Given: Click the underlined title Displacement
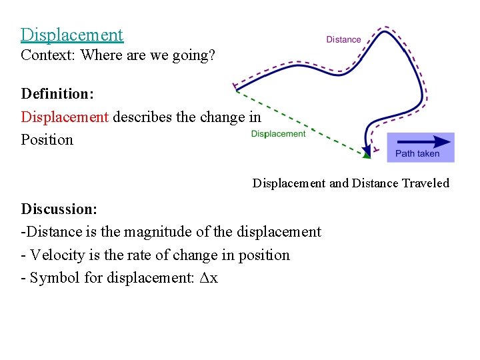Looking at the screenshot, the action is (x=72, y=34).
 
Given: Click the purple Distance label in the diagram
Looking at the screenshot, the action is (x=343, y=40).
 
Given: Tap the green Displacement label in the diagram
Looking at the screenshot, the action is (x=278, y=134).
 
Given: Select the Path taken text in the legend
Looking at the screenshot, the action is (x=417, y=154).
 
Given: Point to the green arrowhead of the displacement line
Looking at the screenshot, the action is (x=367, y=156).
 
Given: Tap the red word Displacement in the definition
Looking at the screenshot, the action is (x=65, y=117).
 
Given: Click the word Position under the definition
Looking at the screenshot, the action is (x=47, y=140).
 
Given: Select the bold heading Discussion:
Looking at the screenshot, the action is (x=59, y=209).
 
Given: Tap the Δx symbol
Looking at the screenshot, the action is (x=209, y=278).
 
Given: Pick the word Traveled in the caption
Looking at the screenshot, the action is (x=423, y=183).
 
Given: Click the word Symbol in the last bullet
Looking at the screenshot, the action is (x=54, y=278).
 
